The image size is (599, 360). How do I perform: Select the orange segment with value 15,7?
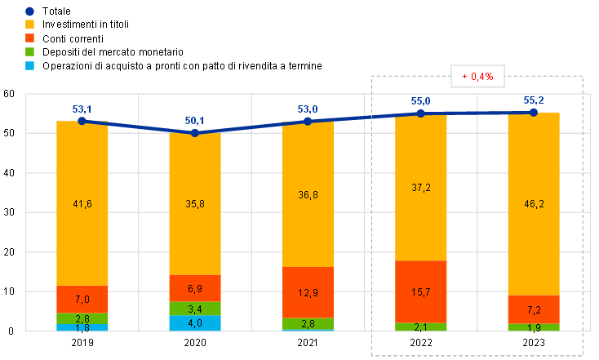(x=421, y=291)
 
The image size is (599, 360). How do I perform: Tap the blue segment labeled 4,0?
(x=195, y=323)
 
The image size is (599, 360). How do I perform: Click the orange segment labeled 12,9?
(x=308, y=292)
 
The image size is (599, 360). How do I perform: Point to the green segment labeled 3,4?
(x=195, y=309)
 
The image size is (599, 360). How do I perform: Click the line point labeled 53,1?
(x=82, y=121)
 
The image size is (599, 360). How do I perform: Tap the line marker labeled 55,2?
(x=534, y=112)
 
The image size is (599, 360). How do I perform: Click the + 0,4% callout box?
(x=477, y=76)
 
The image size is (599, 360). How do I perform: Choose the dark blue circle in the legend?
(x=30, y=11)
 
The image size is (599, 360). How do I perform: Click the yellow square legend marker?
(x=30, y=24)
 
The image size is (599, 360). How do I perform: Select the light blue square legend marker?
(x=30, y=64)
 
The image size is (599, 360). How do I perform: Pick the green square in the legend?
(x=30, y=51)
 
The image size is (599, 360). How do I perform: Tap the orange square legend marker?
(x=30, y=38)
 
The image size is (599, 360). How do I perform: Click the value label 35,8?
(x=195, y=204)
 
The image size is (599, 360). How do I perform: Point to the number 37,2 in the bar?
(x=421, y=188)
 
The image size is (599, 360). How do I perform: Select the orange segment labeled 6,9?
(x=195, y=288)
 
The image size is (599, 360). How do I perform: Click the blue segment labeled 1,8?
(x=82, y=328)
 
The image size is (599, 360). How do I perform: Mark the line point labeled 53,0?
(x=308, y=122)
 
